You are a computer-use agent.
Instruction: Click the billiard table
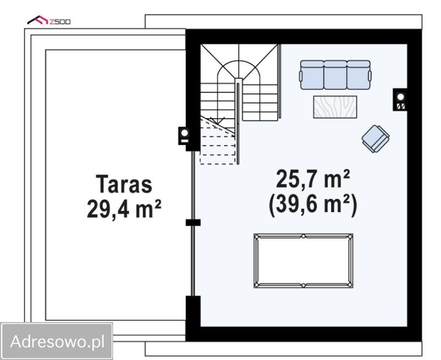pyautogui.click(x=303, y=261)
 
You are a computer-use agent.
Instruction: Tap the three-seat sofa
pyautogui.click(x=335, y=75)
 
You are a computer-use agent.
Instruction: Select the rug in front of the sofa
pyautogui.click(x=335, y=107)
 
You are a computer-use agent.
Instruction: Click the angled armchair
pyautogui.click(x=376, y=137)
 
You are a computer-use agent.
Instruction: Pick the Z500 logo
pyautogui.click(x=49, y=21)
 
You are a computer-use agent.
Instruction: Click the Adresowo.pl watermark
pyautogui.click(x=57, y=341)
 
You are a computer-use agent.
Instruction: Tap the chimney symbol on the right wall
pyautogui.click(x=400, y=99)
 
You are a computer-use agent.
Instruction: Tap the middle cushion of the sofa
pyautogui.click(x=335, y=75)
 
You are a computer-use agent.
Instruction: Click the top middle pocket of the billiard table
pyautogui.click(x=303, y=236)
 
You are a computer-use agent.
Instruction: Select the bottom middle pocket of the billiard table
pyautogui.click(x=303, y=285)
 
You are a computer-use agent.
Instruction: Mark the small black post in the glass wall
pyautogui.click(x=193, y=223)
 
